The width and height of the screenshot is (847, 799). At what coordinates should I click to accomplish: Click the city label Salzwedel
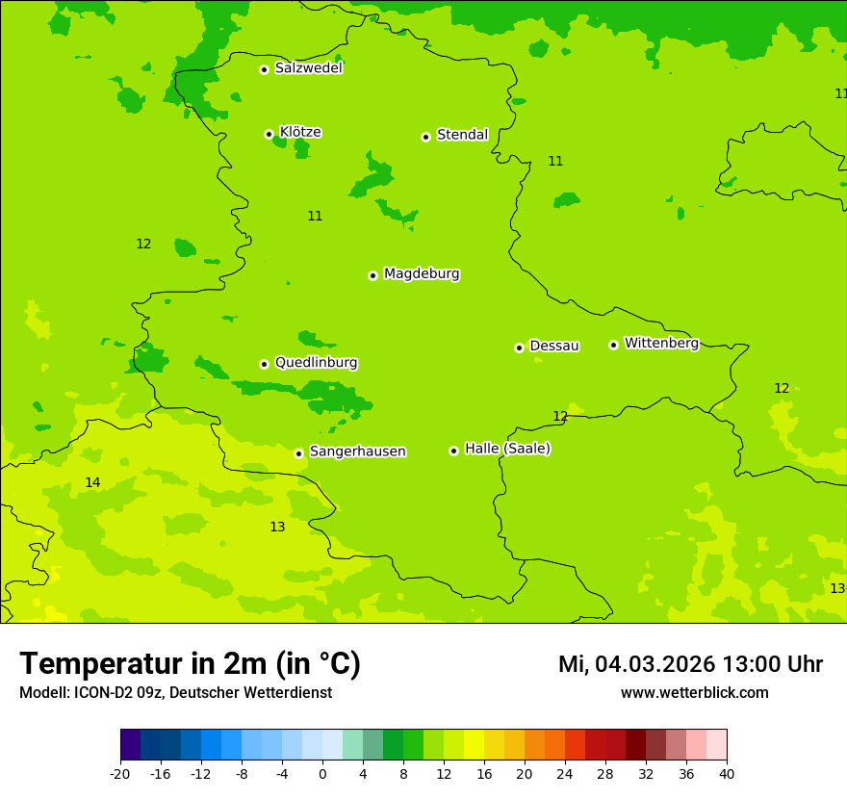[x=308, y=68]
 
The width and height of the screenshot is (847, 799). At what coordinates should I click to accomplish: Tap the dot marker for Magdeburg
[x=372, y=275]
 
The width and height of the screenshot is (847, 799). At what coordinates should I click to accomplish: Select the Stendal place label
[x=462, y=135]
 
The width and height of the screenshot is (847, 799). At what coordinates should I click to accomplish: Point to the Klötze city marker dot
[x=269, y=134]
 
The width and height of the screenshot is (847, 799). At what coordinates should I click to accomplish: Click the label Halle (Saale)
[x=507, y=449]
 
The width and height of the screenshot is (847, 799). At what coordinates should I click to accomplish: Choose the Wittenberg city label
[x=661, y=343]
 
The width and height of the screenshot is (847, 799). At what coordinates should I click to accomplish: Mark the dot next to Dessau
[x=519, y=348]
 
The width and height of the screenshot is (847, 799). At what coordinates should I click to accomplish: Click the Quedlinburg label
[x=316, y=363]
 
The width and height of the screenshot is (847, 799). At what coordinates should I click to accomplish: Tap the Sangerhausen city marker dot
[x=298, y=453]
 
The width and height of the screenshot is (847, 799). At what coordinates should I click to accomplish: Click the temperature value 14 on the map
[x=92, y=482]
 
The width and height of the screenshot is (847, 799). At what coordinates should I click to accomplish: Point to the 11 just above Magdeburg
[x=315, y=216]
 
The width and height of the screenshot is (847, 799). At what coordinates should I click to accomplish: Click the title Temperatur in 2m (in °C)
[x=190, y=664]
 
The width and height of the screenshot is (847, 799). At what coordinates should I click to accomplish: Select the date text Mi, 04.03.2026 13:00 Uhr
[x=690, y=664]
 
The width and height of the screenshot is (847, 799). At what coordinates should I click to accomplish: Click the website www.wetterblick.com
[x=694, y=693]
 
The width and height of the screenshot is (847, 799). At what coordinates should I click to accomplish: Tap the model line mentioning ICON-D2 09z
[x=175, y=693]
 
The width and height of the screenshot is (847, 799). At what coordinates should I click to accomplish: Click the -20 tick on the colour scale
[x=120, y=774]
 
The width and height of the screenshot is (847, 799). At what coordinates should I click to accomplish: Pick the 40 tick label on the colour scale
[x=727, y=774]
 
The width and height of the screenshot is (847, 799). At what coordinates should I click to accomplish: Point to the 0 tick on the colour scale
[x=322, y=774]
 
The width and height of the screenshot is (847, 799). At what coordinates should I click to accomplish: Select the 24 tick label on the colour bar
[x=565, y=774]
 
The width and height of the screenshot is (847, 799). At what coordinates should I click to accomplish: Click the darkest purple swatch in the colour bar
[x=130, y=745]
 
